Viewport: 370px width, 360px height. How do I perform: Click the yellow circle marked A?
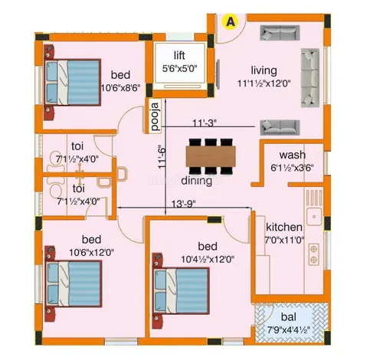[231, 21]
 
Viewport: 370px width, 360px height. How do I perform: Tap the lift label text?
[179, 55]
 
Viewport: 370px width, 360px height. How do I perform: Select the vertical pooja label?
[156, 116]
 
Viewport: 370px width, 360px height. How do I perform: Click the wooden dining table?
[211, 156]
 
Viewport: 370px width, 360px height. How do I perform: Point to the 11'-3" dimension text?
[205, 123]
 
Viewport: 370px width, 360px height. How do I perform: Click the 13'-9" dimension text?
[183, 204]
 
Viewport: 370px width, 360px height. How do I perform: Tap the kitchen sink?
[314, 217]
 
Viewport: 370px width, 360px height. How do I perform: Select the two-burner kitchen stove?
[313, 254]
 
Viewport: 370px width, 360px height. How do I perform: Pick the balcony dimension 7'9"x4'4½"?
[289, 329]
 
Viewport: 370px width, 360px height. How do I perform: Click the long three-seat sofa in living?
[310, 78]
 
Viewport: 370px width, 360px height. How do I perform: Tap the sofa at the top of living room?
[280, 33]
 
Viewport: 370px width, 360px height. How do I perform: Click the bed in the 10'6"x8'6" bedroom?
[72, 82]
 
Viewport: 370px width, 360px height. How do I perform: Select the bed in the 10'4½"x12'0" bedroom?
[181, 291]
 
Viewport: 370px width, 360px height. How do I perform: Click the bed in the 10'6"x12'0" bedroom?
[73, 283]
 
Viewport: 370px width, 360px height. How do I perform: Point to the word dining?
[197, 181]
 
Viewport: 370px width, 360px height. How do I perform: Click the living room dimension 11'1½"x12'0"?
[264, 83]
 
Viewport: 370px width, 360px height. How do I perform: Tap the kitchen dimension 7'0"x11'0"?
[284, 240]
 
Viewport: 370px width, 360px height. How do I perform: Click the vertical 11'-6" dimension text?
[162, 155]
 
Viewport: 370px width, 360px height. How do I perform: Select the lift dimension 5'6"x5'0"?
[180, 68]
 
